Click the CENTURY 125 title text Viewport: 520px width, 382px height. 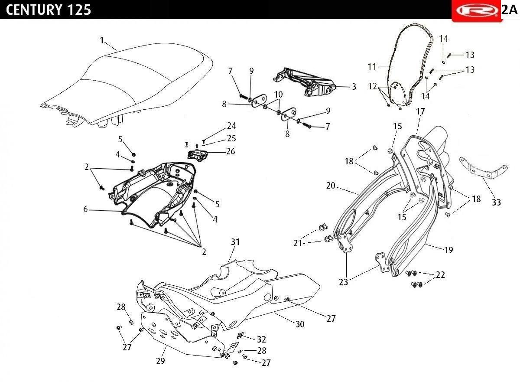(x=49, y=10)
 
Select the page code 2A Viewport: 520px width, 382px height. (x=510, y=10)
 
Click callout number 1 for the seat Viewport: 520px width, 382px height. (x=102, y=40)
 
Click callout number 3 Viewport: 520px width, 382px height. (x=354, y=87)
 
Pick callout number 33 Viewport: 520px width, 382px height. (x=496, y=202)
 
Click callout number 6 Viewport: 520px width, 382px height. (x=85, y=209)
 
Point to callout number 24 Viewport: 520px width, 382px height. (x=232, y=126)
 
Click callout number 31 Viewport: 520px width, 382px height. (x=235, y=242)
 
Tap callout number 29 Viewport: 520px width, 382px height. (x=160, y=361)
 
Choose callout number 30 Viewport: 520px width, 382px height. (x=300, y=324)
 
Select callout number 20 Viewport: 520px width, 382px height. (x=331, y=186)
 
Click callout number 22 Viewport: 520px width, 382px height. (x=440, y=275)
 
